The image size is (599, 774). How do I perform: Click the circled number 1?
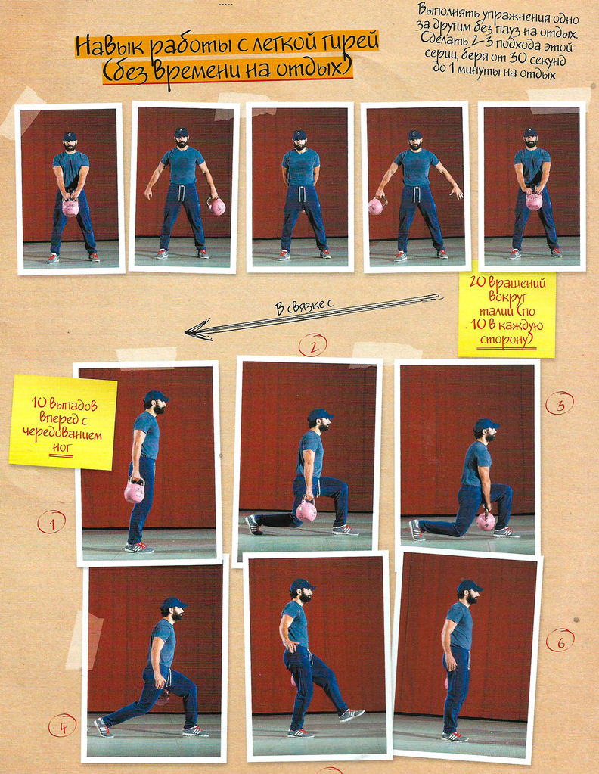click(51, 523)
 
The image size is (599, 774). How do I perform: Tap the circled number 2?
click(312, 345)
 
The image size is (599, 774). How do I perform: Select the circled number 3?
click(560, 403)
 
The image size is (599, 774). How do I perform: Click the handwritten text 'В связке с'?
click(303, 306)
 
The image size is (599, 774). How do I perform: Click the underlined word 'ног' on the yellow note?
click(61, 448)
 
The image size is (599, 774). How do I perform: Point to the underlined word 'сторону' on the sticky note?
click(507, 340)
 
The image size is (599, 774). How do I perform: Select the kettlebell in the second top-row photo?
click(216, 205)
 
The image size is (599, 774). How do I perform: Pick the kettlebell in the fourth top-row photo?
click(377, 205)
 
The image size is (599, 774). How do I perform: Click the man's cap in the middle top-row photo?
click(299, 134)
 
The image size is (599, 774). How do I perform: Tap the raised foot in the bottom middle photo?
click(352, 715)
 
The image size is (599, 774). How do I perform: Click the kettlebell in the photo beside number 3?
click(486, 522)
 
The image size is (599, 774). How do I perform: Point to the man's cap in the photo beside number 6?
click(469, 586)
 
